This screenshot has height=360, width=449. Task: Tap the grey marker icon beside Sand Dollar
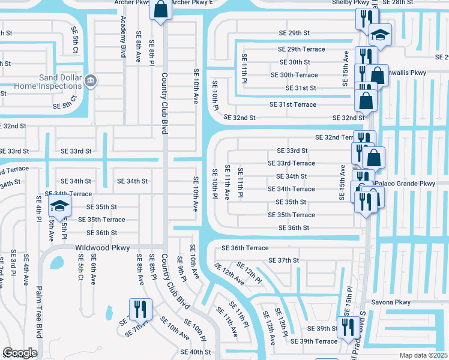point(90,80)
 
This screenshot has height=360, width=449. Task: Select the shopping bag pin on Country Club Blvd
point(160,10)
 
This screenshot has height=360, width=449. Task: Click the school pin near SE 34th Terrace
point(59,206)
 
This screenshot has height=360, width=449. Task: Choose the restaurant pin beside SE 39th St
point(348,328)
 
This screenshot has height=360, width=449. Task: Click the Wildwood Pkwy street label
point(94,247)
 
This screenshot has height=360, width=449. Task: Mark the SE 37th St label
point(284,260)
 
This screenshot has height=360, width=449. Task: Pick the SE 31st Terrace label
point(293,104)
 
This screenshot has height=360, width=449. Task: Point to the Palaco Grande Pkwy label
point(406,184)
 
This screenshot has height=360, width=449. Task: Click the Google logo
point(20,353)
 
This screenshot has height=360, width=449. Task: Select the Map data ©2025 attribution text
point(423,355)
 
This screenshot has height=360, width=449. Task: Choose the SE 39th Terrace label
point(314,341)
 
